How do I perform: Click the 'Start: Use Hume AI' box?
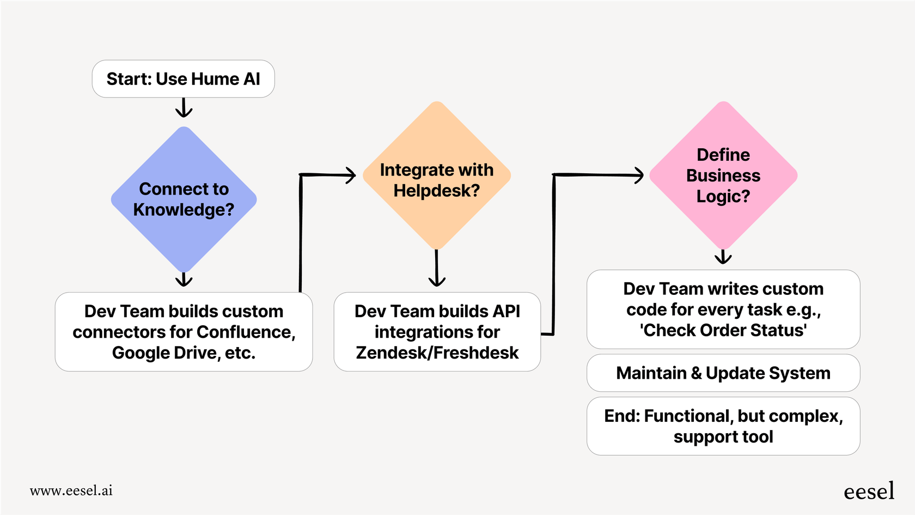[183, 79]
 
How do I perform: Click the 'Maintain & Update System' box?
[723, 373]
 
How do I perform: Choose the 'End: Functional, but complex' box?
[723, 426]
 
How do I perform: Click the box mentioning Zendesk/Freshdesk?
[437, 332]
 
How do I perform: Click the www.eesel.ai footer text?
[71, 490]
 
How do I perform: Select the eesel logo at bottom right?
[869, 492]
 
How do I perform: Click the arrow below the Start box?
[184, 108]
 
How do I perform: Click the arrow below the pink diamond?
[723, 257]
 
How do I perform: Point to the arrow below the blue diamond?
[184, 279]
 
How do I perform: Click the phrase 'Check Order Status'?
[723, 330]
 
